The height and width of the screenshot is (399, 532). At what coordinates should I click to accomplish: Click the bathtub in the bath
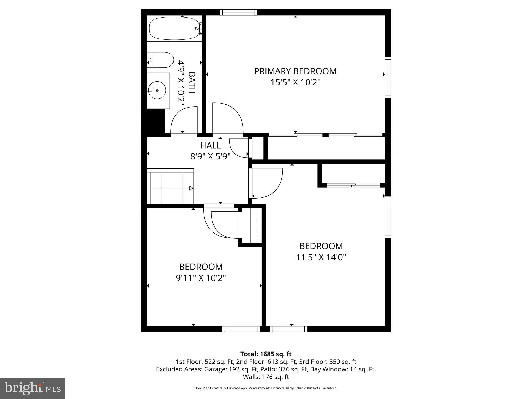174,29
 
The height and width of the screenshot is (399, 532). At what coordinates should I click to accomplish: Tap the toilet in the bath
161,60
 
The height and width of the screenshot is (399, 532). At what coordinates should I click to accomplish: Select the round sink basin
157,90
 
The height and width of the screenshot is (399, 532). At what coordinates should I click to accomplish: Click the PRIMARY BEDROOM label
295,71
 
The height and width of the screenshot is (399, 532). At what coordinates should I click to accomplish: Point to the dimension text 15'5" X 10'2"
295,83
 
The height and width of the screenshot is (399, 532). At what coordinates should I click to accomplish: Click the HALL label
210,145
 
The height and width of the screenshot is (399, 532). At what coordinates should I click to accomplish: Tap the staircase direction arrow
191,188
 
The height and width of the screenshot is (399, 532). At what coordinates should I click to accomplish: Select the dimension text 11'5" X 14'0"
321,257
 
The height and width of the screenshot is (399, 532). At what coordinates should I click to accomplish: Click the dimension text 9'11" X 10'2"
201,278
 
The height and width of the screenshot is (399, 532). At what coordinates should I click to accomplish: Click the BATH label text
192,83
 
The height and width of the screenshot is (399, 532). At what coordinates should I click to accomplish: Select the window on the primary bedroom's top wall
238,12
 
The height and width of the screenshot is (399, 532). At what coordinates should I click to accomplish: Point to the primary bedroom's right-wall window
388,78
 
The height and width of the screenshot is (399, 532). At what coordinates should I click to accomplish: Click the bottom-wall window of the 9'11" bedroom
241,329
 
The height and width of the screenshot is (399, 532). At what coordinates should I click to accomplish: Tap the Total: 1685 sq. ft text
266,354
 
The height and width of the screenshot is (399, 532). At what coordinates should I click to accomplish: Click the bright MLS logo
32,388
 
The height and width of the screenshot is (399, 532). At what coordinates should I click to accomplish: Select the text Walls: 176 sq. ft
266,377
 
